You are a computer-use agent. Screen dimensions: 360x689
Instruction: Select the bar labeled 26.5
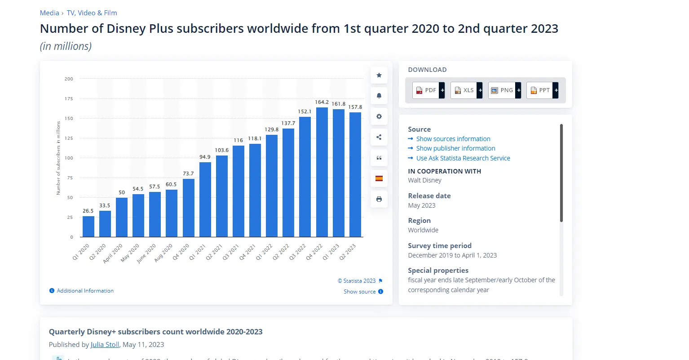pyautogui.click(x=88, y=227)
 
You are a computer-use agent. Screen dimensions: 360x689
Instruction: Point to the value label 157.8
pyautogui.click(x=355, y=107)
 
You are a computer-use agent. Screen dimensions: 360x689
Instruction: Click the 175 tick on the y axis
pyautogui.click(x=69, y=99)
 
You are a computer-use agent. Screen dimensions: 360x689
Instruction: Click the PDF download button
pyautogui.click(x=428, y=90)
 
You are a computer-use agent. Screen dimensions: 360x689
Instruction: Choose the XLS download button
pyautogui.click(x=466, y=90)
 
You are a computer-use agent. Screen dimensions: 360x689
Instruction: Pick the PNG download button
pyautogui.click(x=504, y=90)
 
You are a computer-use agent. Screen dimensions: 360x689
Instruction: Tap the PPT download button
pyautogui.click(x=542, y=90)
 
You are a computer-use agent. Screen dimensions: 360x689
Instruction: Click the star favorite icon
pyautogui.click(x=379, y=75)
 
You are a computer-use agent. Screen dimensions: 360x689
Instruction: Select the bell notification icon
pyautogui.click(x=379, y=96)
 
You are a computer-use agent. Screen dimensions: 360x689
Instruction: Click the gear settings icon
pyautogui.click(x=379, y=116)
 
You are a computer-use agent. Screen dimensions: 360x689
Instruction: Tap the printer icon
pyautogui.click(x=379, y=199)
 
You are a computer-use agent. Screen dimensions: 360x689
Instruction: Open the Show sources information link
pyautogui.click(x=453, y=139)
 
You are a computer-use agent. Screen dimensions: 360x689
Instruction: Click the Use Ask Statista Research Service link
pyautogui.click(x=463, y=158)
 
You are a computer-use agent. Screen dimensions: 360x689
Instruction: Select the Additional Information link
pyautogui.click(x=85, y=291)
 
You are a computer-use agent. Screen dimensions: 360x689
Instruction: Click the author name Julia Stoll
pyautogui.click(x=105, y=345)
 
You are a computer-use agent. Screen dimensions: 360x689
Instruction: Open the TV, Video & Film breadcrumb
pyautogui.click(x=92, y=13)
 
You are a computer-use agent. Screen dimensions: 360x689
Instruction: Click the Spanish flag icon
pyautogui.click(x=379, y=178)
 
